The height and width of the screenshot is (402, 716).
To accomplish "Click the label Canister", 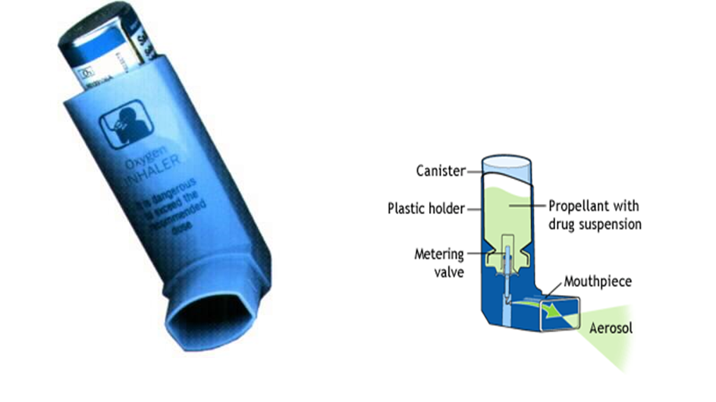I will coord(441,171).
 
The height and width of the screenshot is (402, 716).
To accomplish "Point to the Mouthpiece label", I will coord(598,281).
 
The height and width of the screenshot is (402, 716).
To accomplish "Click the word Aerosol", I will coord(611,328).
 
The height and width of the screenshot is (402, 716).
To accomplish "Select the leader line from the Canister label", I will coord(475,172).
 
